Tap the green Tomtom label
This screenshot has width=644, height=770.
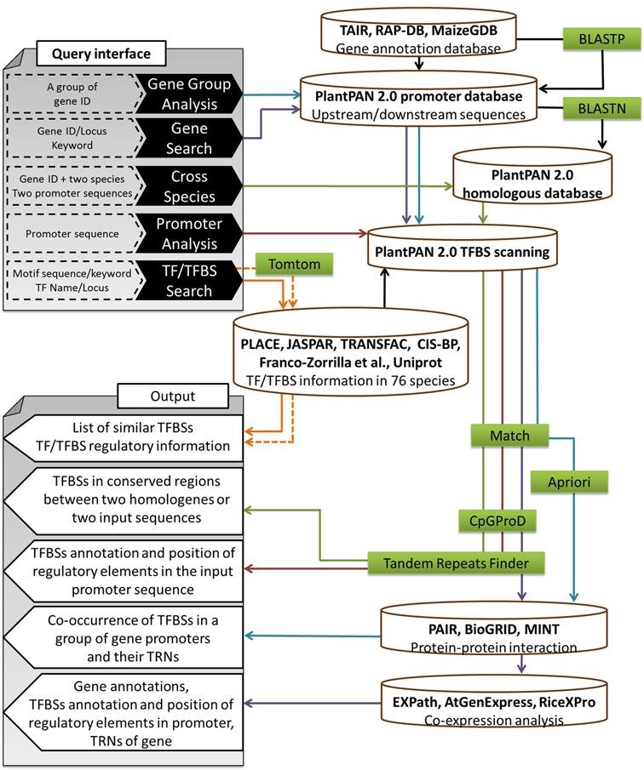(295, 265)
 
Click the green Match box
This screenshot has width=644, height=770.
(509, 436)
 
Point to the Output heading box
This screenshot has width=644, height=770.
(172, 396)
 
